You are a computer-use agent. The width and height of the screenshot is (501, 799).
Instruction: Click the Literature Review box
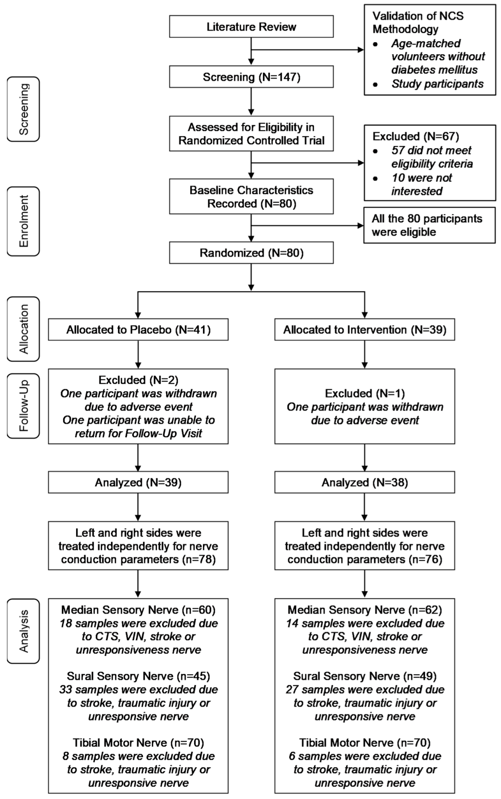coord(251,27)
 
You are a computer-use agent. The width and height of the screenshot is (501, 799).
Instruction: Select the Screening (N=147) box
coord(251,78)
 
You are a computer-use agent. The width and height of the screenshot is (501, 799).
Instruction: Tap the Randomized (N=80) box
coord(251,253)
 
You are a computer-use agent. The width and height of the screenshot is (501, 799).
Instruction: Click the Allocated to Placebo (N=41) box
coord(138,330)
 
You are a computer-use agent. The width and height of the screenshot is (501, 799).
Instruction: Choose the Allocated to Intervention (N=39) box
coord(365,330)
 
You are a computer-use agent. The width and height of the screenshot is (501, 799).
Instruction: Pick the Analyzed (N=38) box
coord(365,483)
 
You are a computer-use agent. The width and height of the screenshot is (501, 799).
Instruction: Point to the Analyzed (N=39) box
coord(138,483)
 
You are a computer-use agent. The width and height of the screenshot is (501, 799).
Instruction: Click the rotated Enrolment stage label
coord(23,221)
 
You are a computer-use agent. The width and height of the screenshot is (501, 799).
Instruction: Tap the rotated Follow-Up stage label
coord(23,406)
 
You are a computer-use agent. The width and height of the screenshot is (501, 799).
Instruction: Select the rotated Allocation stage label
coord(23,329)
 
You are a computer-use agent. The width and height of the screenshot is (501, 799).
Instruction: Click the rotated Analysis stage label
coord(23,631)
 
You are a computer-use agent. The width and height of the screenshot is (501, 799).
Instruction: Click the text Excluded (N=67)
coord(416,136)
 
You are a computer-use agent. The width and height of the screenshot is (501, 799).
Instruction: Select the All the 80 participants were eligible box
coord(429,225)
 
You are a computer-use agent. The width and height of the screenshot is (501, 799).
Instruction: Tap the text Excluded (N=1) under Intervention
coord(365,393)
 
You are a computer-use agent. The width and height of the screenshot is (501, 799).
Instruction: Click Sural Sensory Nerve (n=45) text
coord(138,676)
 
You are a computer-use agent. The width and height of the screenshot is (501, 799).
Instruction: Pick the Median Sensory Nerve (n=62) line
coord(365,610)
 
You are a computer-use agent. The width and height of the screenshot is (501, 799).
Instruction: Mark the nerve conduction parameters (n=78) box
coord(138,546)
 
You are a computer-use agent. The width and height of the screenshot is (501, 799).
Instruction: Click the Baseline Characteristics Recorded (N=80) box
coord(251,197)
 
